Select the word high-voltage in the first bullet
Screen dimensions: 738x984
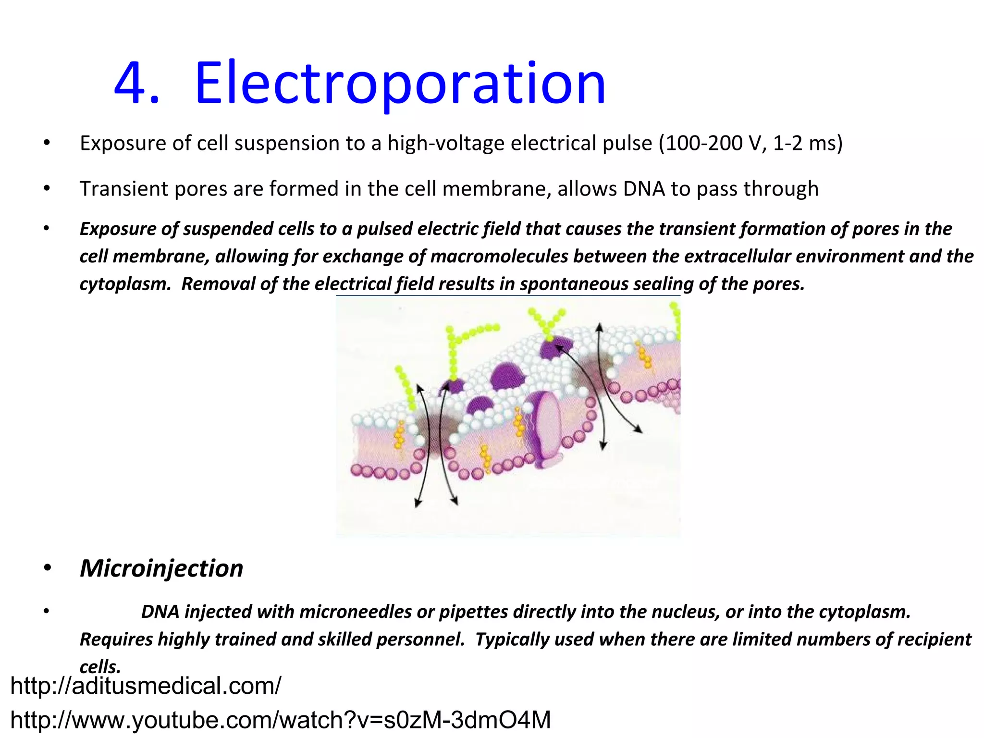tap(446, 143)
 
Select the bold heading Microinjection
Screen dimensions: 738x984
tap(161, 568)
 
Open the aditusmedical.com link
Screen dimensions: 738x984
tap(146, 686)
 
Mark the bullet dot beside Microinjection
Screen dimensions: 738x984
tap(47, 569)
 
